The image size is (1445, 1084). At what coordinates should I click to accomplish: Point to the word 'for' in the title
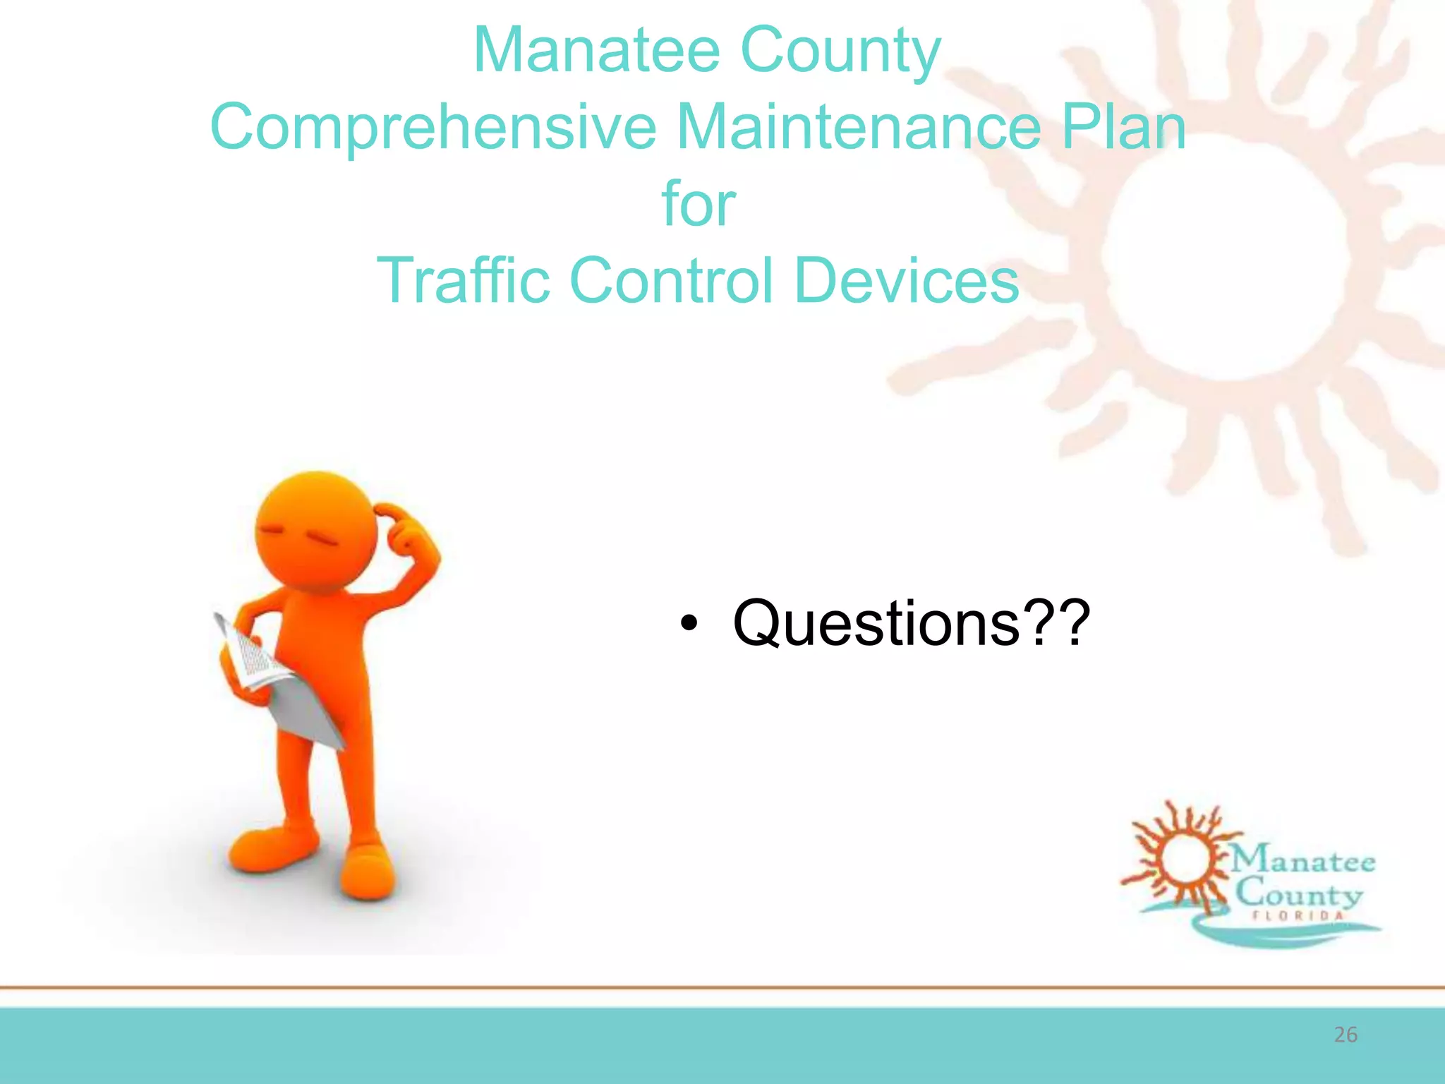click(x=699, y=204)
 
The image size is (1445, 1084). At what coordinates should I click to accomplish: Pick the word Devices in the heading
click(x=907, y=281)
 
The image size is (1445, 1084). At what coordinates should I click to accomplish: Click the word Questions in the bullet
click(x=876, y=623)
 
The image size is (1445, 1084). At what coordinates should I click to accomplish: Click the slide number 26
click(x=1346, y=1035)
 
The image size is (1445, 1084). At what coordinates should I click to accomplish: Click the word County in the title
click(x=840, y=51)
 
